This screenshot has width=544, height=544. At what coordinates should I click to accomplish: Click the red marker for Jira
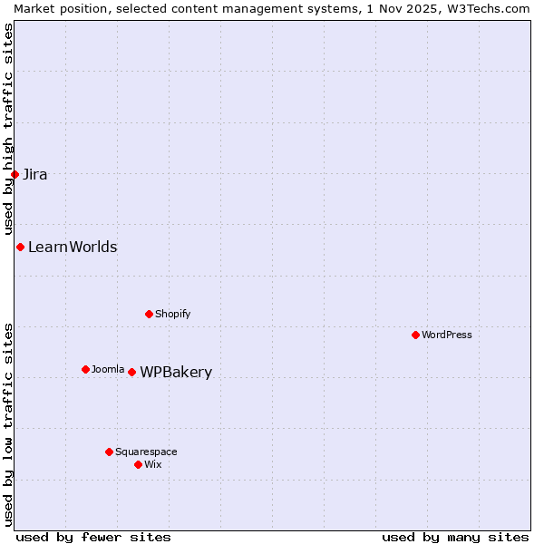(15, 174)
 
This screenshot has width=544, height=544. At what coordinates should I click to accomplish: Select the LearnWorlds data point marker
(20, 247)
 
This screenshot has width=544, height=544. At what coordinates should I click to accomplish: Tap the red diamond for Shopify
(149, 314)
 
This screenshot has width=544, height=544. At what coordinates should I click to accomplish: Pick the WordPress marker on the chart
(415, 335)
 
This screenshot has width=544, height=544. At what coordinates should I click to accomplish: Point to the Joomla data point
(85, 369)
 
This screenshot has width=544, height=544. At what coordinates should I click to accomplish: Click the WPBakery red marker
(131, 372)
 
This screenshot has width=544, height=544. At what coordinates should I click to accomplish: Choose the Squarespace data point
(109, 452)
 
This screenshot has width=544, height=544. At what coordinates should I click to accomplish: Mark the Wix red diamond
(138, 464)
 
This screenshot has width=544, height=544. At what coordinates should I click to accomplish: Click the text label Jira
(35, 175)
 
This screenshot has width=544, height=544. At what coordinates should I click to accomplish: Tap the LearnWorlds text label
(73, 248)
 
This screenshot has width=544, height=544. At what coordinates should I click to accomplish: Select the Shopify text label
(172, 315)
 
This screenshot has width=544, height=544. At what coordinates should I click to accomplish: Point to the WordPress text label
(447, 335)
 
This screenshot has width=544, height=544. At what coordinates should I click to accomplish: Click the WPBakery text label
(176, 373)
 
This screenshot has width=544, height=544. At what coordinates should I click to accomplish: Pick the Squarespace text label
(146, 452)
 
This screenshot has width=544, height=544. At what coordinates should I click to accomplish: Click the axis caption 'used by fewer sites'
(93, 537)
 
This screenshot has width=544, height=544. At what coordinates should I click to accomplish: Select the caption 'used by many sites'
(455, 537)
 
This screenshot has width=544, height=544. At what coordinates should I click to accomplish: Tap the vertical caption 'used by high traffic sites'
(8, 130)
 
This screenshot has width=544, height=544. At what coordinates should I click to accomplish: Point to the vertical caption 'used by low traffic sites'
(8, 424)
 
